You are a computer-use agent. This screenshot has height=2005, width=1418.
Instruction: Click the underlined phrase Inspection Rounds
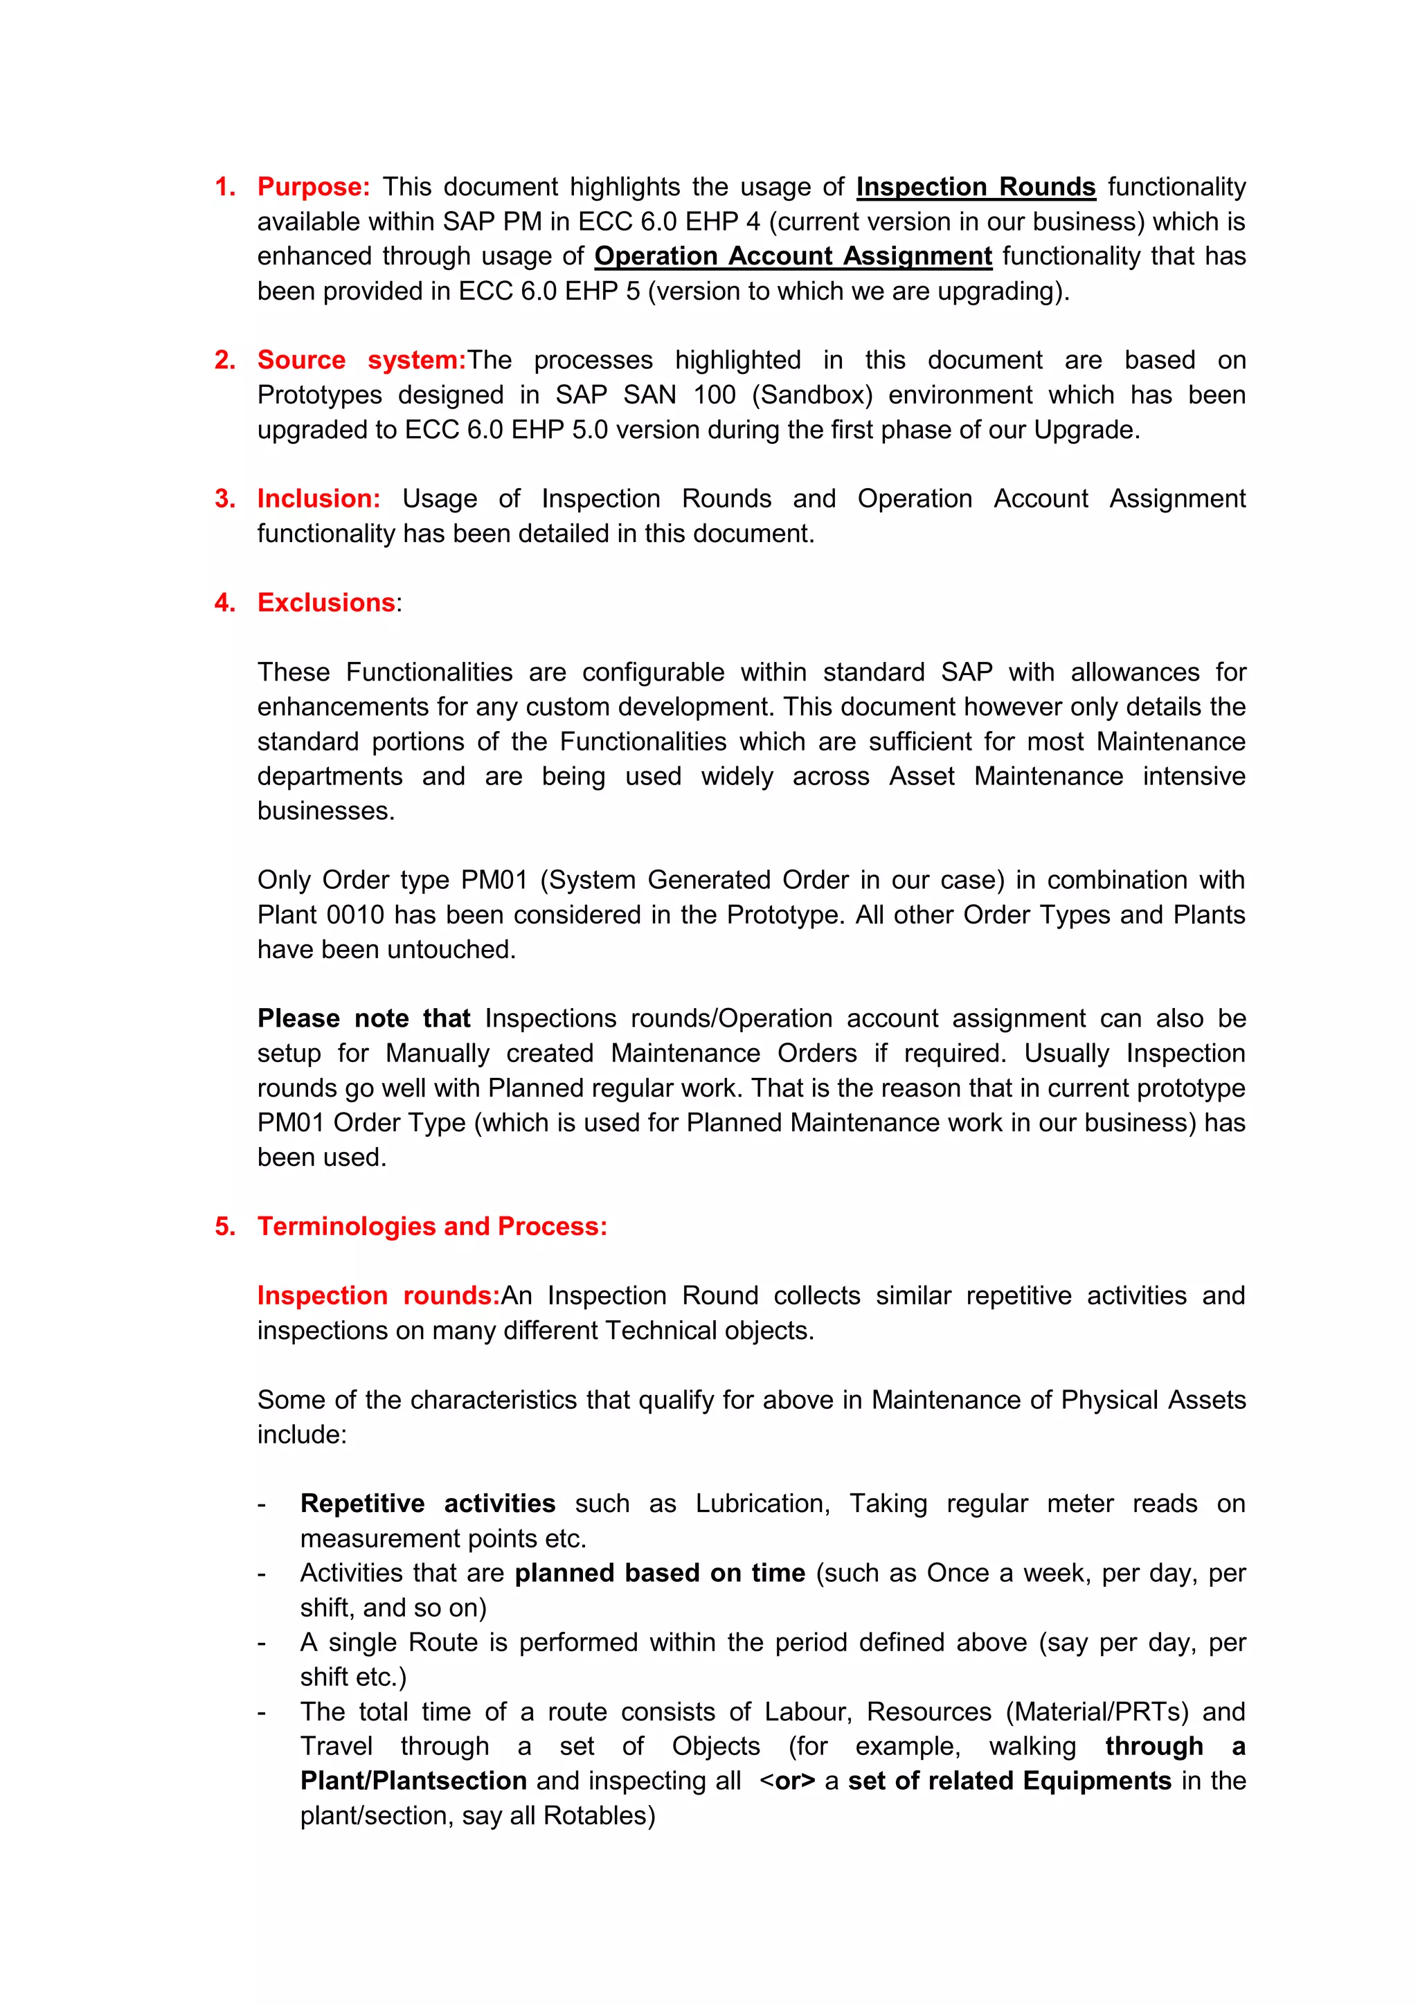click(976, 187)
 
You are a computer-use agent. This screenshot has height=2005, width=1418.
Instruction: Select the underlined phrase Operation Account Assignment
click(793, 256)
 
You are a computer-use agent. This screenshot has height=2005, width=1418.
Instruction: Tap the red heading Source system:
click(361, 360)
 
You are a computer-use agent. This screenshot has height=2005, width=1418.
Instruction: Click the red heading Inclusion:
click(318, 498)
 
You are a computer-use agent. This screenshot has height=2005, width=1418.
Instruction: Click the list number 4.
click(224, 602)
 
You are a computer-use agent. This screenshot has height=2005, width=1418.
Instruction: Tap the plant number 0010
click(355, 915)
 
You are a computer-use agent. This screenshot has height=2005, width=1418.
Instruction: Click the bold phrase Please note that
click(364, 1018)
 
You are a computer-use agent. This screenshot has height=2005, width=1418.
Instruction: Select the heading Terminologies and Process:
click(432, 1226)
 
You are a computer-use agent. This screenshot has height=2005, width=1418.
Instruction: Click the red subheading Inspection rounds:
click(378, 1295)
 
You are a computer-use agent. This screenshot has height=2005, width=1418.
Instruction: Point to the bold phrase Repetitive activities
click(428, 1503)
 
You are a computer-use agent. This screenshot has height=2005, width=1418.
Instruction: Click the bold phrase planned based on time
click(659, 1573)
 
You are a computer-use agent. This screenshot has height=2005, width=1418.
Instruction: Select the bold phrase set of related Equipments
click(1009, 1781)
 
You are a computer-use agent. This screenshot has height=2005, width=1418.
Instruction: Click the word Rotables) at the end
click(599, 1815)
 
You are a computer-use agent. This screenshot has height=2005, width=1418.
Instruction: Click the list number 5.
click(224, 1226)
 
